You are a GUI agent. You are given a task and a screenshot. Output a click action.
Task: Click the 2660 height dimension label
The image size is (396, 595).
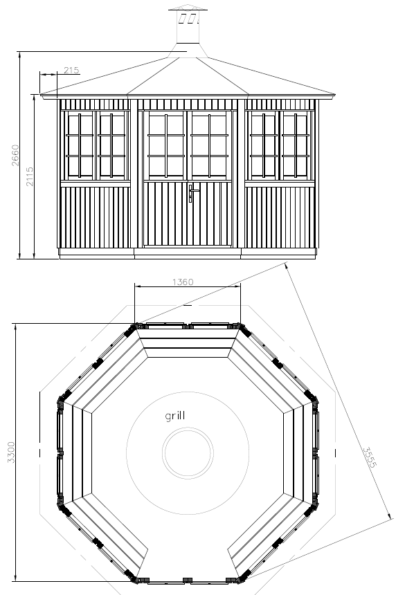click(x=15, y=155)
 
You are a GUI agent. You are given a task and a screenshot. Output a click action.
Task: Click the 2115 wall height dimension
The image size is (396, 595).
click(x=30, y=176)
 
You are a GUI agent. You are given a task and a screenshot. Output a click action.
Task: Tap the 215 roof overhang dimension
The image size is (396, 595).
click(x=71, y=70)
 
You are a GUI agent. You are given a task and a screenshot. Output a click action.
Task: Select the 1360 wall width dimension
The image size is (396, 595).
click(x=183, y=282)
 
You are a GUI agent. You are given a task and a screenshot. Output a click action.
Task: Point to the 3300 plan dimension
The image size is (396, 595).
click(x=11, y=452)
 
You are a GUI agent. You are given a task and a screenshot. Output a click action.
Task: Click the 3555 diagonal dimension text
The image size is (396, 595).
click(x=369, y=457)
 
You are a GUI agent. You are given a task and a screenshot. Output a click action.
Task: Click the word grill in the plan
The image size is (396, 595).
click(x=175, y=416)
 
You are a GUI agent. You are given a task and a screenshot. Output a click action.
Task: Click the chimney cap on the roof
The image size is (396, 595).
click(x=188, y=8)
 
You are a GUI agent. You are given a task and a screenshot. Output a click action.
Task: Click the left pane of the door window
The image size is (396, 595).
click(x=166, y=146)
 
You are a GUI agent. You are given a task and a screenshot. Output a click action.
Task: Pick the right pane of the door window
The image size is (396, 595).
click(x=210, y=146)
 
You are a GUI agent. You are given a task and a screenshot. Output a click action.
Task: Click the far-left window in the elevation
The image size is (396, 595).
click(x=80, y=146)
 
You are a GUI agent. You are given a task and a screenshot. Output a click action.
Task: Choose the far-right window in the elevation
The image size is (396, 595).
click(x=296, y=146)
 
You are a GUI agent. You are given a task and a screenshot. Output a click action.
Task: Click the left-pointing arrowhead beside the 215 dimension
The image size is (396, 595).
click(x=43, y=75)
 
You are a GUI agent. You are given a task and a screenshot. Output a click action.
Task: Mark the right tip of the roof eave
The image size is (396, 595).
click(x=335, y=94)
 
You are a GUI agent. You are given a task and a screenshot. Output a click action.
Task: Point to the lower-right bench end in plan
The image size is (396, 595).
click(x=233, y=561)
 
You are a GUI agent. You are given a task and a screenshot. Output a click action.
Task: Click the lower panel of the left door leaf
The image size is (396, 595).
click(x=165, y=214)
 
